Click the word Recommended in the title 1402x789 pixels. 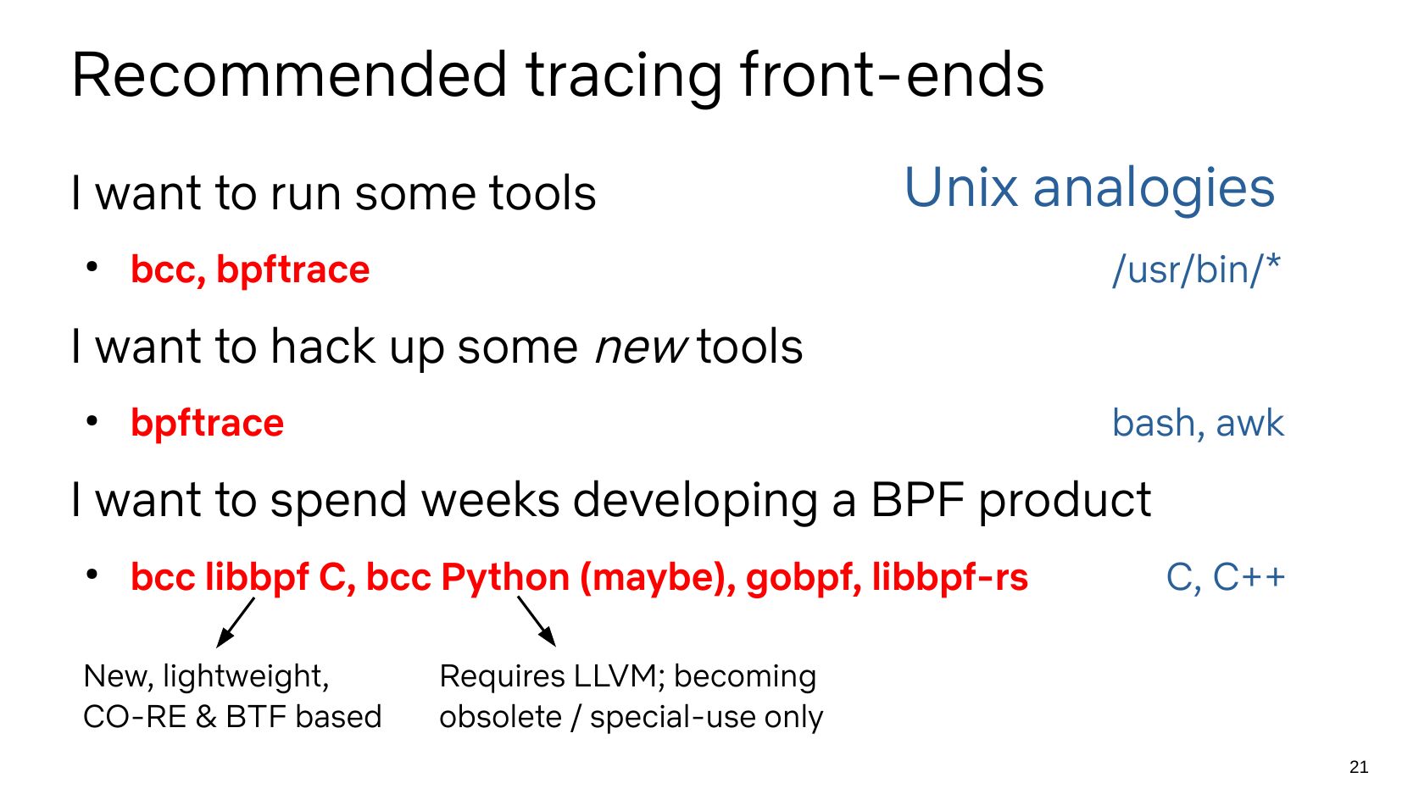(x=289, y=75)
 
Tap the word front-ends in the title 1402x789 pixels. (x=892, y=75)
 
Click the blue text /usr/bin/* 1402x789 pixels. (x=1196, y=269)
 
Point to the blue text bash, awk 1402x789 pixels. (x=1198, y=423)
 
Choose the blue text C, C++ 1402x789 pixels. (x=1226, y=577)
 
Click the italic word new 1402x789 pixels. (x=641, y=347)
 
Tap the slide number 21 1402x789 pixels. (x=1359, y=767)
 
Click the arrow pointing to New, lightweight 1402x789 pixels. (x=236, y=622)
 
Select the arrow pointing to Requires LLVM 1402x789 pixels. (x=537, y=621)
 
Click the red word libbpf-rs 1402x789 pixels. (x=950, y=577)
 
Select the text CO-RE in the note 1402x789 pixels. (x=135, y=717)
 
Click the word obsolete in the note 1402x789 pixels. (x=500, y=717)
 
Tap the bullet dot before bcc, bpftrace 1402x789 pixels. (x=92, y=268)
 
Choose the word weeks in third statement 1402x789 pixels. (x=490, y=501)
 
